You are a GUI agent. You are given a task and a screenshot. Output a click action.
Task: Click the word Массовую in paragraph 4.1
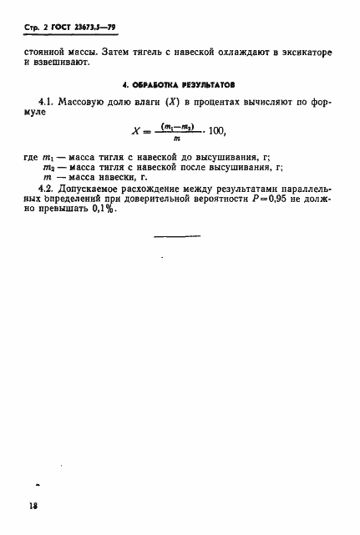pos(86,104)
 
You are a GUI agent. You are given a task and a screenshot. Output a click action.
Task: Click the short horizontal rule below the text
pos(178,239)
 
